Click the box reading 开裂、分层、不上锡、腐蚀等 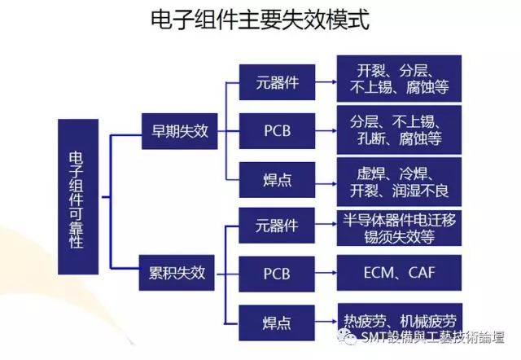pyautogui.click(x=400, y=79)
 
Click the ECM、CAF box pyautogui.click(x=400, y=272)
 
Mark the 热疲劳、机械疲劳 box pyautogui.click(x=400, y=316)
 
